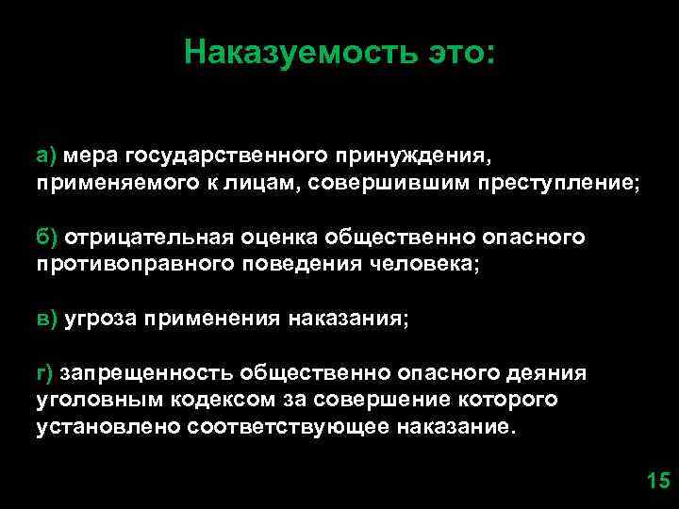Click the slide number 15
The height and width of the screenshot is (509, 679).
656,483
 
